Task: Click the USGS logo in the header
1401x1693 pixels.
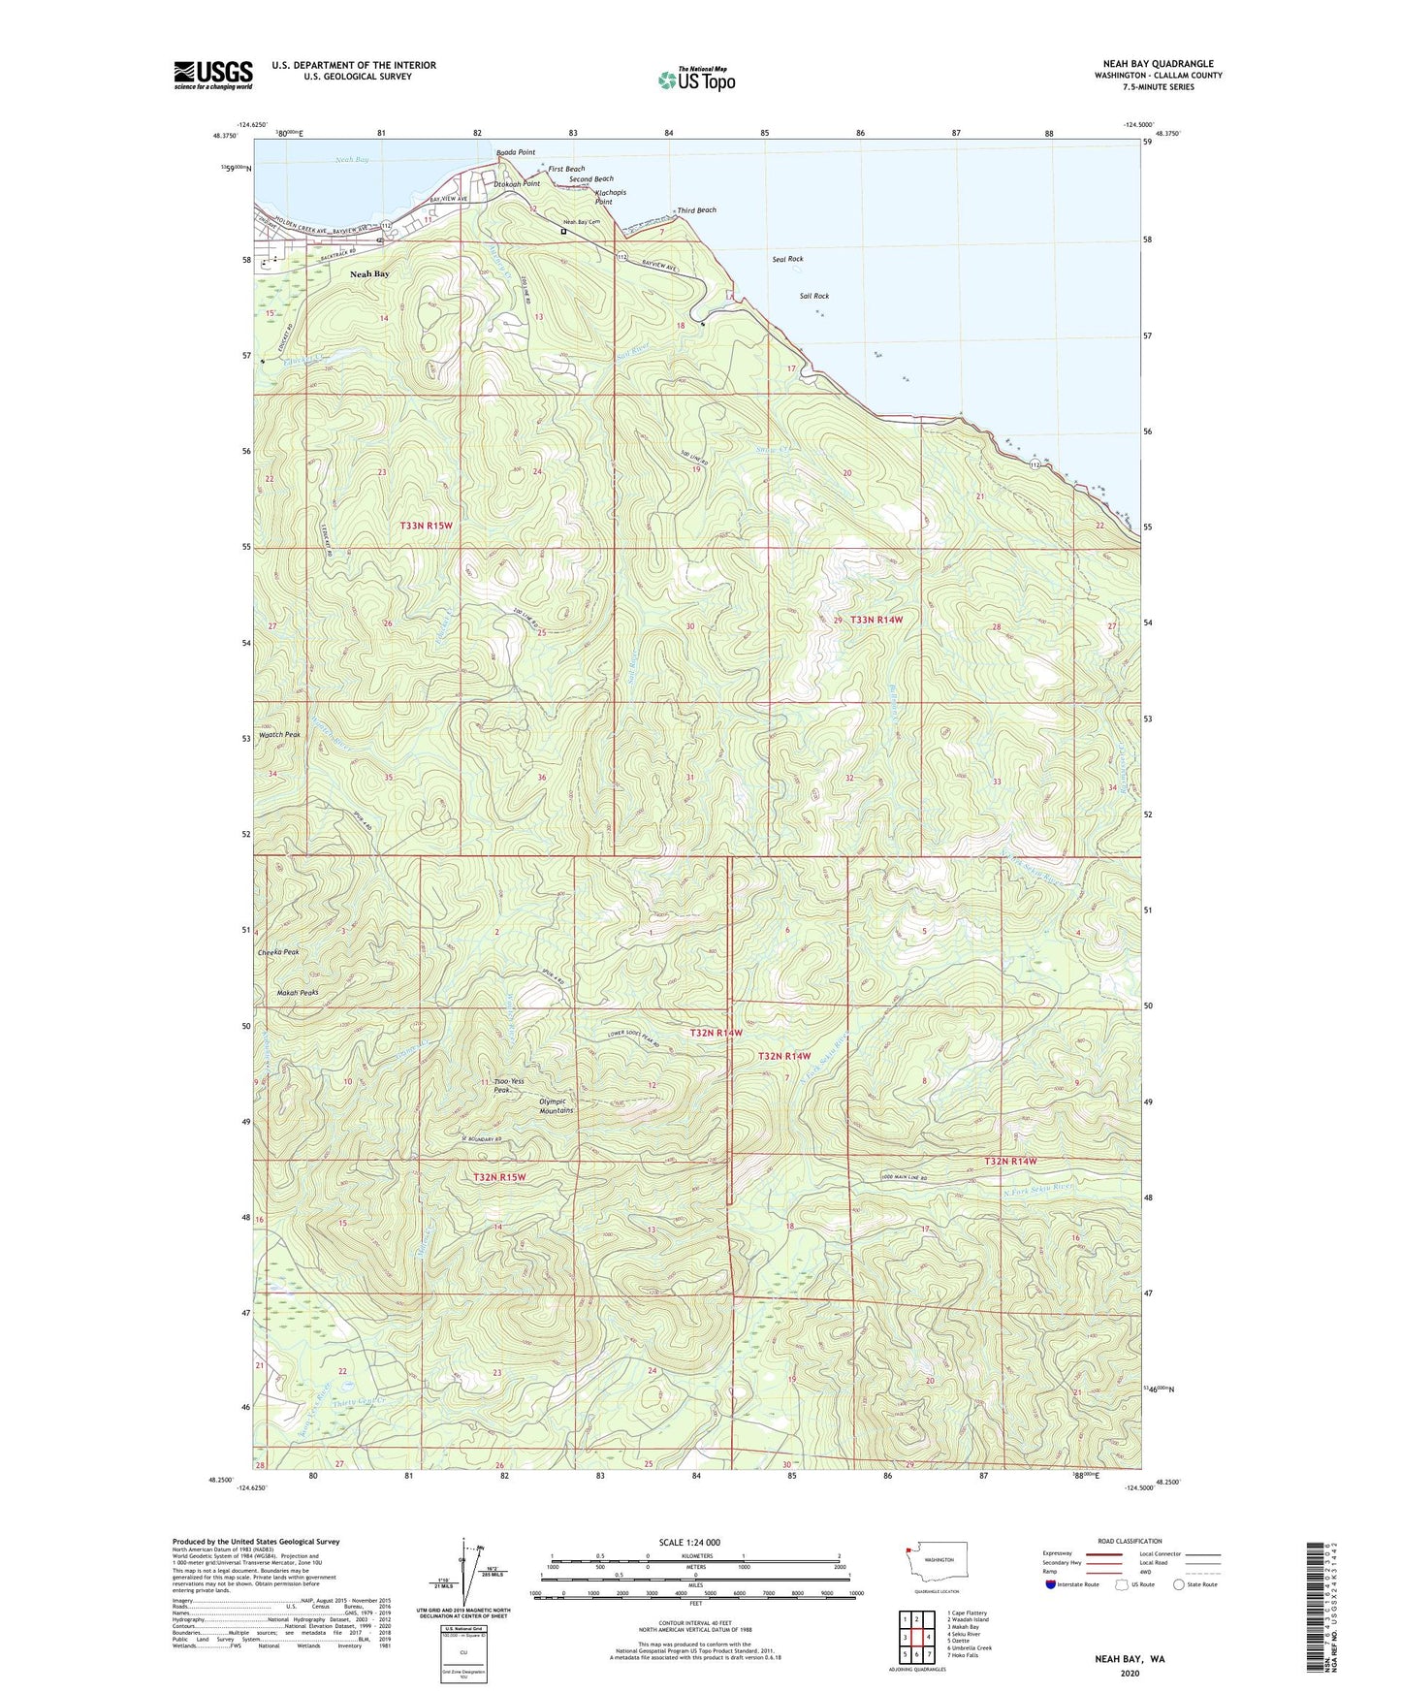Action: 213,75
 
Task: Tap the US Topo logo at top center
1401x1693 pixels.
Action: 696,79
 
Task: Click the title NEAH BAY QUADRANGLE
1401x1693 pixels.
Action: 1158,64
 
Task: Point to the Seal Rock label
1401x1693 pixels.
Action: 787,259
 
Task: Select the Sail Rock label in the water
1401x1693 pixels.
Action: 814,296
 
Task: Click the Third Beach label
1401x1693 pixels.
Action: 697,210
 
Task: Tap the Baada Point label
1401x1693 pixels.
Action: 515,152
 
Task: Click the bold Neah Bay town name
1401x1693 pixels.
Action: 369,274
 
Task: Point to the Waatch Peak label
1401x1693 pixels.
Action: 279,735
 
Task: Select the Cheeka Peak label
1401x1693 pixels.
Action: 278,952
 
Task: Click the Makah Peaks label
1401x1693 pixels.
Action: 297,993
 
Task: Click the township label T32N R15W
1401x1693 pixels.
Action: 499,1177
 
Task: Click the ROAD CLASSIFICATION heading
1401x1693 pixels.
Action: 1130,1541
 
